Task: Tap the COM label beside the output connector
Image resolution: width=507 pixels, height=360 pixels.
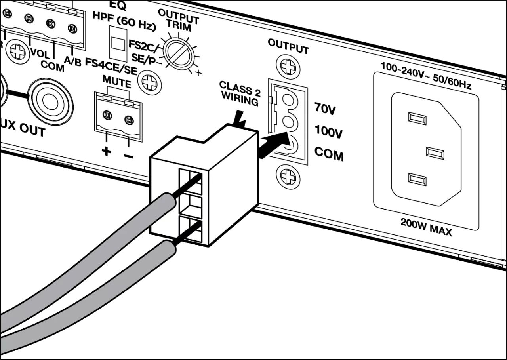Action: pyautogui.click(x=329, y=154)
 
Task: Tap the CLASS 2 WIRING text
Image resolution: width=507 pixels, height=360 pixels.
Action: pyautogui.click(x=240, y=93)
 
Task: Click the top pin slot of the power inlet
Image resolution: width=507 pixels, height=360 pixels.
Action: pyautogui.click(x=417, y=118)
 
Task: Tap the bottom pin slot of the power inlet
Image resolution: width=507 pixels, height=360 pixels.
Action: pyautogui.click(x=417, y=179)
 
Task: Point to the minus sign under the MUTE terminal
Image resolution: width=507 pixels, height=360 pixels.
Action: pyautogui.click(x=128, y=155)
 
